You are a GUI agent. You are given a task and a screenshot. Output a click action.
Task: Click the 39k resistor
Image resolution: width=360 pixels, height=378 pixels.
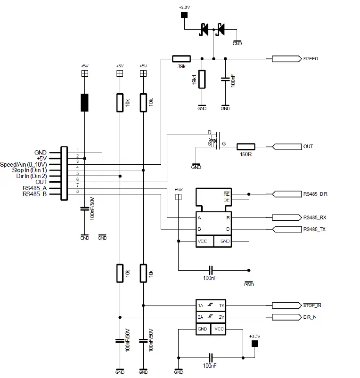[181, 59]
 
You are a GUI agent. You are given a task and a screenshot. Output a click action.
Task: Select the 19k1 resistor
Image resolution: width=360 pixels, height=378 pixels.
[202, 79]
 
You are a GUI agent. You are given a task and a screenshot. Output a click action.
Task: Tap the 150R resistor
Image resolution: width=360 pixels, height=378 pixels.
[245, 146]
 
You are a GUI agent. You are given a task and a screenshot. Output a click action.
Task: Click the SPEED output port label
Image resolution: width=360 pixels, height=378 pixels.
[310, 59]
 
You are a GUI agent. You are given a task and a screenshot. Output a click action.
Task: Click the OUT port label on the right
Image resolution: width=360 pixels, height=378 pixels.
[308, 146]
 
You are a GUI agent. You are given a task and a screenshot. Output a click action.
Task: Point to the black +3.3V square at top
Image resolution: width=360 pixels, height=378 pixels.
[184, 16]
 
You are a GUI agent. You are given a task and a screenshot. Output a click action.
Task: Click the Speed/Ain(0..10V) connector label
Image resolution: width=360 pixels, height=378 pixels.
[24, 164]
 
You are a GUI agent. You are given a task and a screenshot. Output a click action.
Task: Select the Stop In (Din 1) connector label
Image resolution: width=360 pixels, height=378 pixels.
[29, 170]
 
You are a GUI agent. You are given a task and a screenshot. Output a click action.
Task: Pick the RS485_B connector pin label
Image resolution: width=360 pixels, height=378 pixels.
[34, 193]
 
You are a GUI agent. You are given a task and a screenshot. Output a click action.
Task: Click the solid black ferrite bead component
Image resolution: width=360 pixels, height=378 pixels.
[84, 103]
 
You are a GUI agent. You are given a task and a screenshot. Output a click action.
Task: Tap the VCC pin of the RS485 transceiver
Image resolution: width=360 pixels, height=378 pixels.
[202, 241]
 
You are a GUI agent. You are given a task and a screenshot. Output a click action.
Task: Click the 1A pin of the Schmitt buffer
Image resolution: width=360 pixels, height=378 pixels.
[201, 306]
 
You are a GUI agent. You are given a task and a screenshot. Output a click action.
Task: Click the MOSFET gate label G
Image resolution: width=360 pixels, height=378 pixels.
[224, 143]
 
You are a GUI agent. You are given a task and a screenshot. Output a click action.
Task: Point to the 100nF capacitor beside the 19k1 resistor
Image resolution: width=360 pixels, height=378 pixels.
[225, 79]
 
